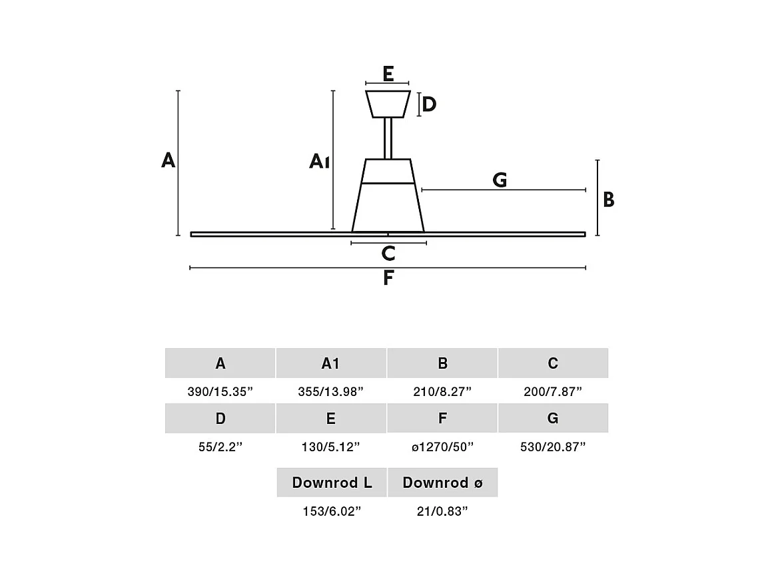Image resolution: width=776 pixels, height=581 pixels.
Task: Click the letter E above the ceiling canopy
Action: (x=388, y=74)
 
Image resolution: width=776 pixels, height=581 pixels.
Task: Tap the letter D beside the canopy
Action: (x=429, y=104)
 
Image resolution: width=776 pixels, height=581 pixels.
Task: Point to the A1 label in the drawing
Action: (x=319, y=161)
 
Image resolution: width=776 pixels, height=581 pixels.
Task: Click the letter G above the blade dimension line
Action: (x=500, y=180)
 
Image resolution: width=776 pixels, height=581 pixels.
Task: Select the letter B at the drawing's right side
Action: (x=609, y=200)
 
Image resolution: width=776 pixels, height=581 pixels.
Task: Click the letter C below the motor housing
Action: (x=388, y=253)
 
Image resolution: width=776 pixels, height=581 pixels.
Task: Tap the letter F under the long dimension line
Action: (x=388, y=278)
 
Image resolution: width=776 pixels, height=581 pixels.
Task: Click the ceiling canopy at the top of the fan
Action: (x=388, y=104)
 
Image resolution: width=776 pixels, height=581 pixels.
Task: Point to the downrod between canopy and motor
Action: (x=388, y=138)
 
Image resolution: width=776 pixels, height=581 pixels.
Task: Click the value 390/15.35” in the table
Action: (x=220, y=391)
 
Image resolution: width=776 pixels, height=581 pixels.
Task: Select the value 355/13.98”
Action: (x=330, y=391)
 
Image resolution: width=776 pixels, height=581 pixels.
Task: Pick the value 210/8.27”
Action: (x=442, y=391)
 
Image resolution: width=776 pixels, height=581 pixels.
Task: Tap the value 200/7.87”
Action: (x=553, y=391)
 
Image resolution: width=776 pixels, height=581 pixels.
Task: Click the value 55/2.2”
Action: (x=220, y=447)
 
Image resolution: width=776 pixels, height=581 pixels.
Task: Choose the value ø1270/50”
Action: (x=442, y=447)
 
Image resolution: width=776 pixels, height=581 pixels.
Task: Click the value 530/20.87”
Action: (x=553, y=447)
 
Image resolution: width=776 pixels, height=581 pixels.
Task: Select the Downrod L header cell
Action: (x=332, y=483)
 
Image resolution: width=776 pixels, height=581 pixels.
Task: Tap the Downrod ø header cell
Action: (x=442, y=483)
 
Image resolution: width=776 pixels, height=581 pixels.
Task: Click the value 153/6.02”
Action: (x=332, y=511)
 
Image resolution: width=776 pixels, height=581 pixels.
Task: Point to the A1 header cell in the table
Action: (x=330, y=363)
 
